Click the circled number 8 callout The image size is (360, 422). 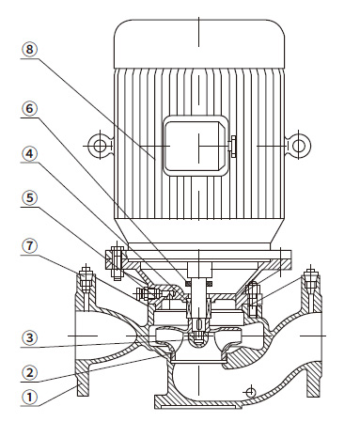(29, 49)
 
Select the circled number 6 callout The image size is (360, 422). (29, 108)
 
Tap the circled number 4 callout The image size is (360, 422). (29, 154)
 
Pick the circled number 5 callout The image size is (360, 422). (29, 198)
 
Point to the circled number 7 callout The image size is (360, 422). (29, 246)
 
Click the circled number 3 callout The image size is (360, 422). (29, 337)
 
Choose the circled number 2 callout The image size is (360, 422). (29, 373)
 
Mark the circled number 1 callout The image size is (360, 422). (29, 398)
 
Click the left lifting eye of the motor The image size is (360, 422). (100, 146)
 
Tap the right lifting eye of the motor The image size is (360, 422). (298, 146)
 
